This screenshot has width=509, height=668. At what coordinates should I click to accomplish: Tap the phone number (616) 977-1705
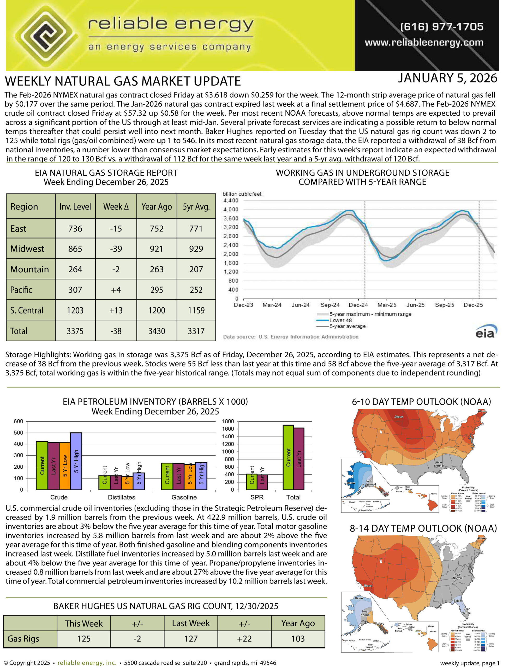(442, 27)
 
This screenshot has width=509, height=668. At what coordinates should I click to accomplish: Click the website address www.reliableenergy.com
(424, 43)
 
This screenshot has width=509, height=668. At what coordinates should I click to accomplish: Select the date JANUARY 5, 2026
(447, 79)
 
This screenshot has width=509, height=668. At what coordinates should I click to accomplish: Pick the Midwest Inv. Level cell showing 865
(75, 249)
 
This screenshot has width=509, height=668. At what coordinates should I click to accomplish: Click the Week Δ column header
(116, 207)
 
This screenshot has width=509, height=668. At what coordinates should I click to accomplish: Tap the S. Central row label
(27, 310)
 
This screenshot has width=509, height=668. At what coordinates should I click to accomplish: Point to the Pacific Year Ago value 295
(157, 290)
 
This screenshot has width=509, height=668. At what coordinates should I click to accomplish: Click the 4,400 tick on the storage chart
(231, 201)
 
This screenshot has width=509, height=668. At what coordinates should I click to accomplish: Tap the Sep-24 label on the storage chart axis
(330, 305)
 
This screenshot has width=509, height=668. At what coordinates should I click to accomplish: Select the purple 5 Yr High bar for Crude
(76, 461)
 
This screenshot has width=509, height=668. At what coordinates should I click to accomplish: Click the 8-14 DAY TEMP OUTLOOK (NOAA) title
(423, 528)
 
